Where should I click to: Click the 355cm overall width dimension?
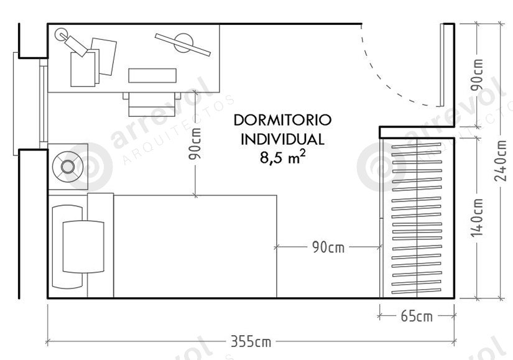click(251, 342)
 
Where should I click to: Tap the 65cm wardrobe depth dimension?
click(417, 316)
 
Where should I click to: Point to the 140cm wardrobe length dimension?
click(477, 218)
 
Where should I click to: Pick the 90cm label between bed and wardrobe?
click(328, 247)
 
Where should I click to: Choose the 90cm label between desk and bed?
click(195, 144)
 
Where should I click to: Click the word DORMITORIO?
click(283, 120)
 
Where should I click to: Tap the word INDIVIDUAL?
click(283, 139)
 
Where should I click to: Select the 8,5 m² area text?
click(283, 157)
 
